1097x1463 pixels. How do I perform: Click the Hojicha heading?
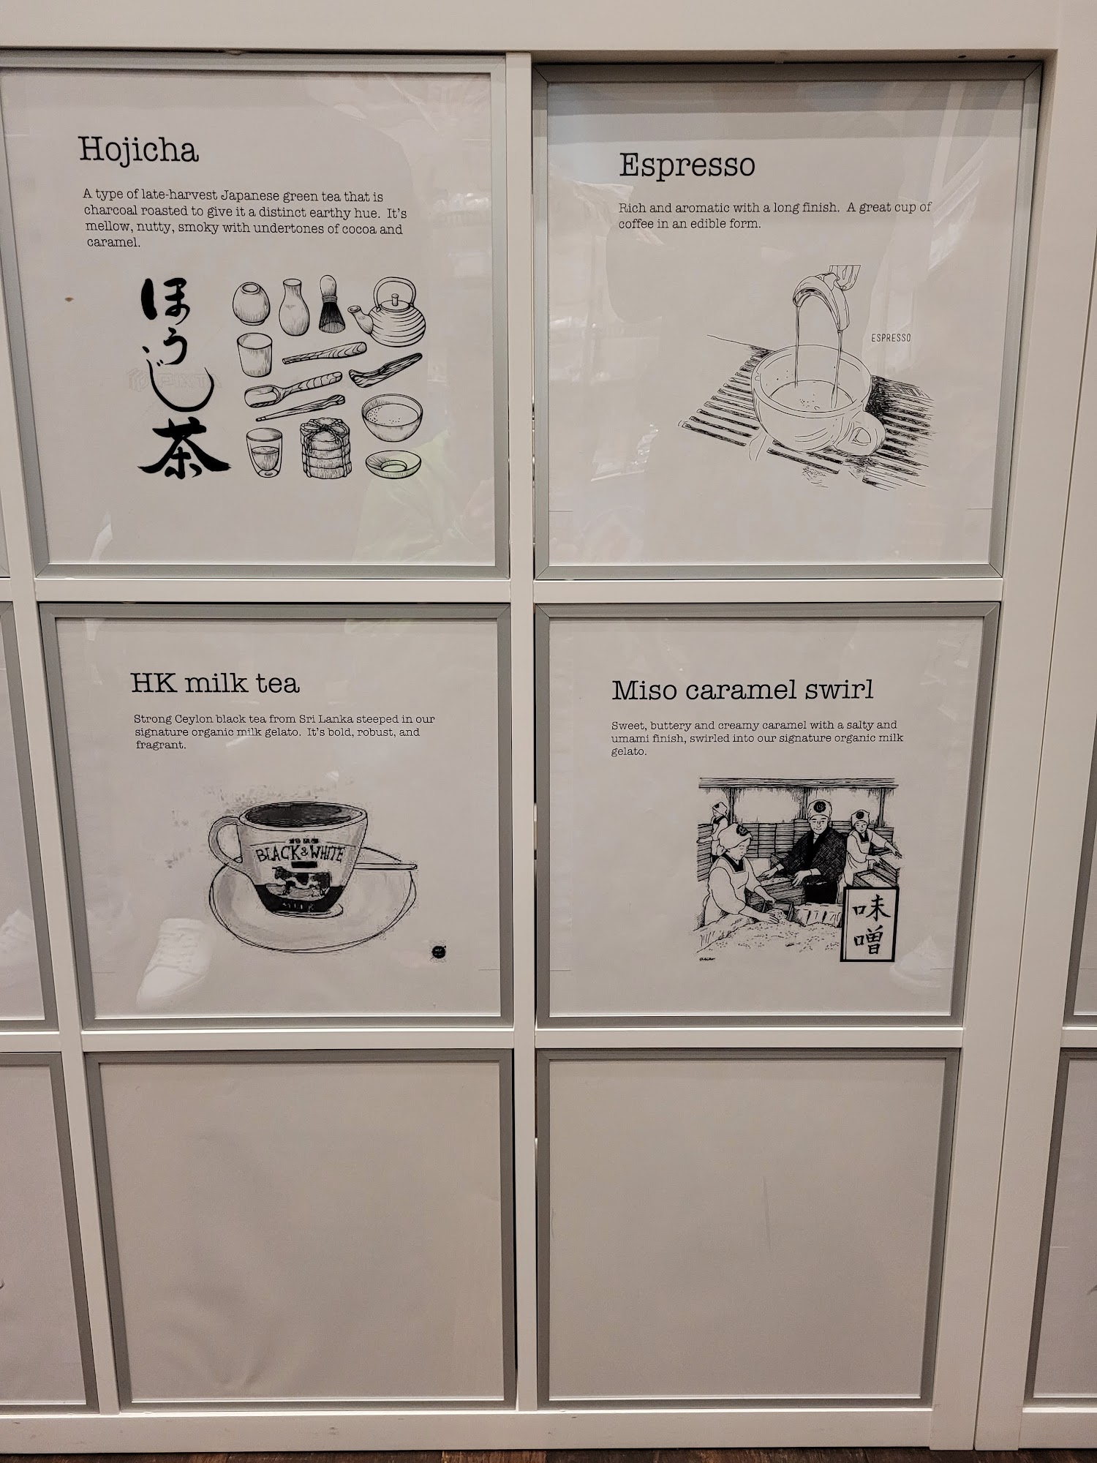[138, 151]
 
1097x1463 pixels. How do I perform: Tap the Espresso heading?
[687, 166]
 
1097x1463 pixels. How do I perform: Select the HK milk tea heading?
[215, 683]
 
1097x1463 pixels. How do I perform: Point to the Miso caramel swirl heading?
[742, 690]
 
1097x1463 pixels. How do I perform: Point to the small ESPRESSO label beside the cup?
[891, 338]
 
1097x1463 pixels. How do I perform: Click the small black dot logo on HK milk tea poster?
[439, 952]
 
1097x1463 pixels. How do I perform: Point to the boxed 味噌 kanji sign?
[870, 925]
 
